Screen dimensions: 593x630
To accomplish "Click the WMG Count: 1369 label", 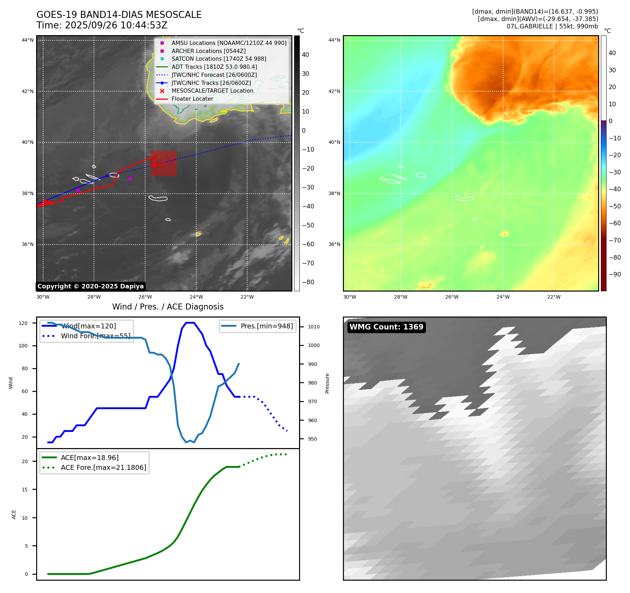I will click(386, 327).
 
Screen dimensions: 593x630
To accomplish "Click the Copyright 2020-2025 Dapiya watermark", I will click(90, 286).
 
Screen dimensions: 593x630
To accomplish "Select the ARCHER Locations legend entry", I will click(209, 51).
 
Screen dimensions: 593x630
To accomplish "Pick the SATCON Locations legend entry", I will click(219, 59).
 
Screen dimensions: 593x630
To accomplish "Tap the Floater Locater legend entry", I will click(192, 99).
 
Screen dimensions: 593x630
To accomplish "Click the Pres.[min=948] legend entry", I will click(266, 326).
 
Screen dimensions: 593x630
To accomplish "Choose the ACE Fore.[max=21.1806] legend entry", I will click(103, 467).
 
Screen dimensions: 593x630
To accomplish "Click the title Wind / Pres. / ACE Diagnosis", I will click(168, 307).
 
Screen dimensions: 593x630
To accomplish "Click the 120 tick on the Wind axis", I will click(23, 323).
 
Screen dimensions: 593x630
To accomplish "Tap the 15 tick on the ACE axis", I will click(25, 489).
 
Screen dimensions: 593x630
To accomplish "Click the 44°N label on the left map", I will click(28, 40).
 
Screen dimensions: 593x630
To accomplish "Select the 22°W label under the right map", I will click(554, 297).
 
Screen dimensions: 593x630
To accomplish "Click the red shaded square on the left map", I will click(164, 164).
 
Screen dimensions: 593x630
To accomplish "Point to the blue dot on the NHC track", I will click(107, 176).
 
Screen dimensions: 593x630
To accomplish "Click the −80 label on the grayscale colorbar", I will click(308, 282).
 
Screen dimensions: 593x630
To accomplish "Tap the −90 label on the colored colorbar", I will click(615, 274).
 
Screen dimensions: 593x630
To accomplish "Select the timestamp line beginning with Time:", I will click(102, 25).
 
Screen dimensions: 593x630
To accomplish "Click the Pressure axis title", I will click(327, 383).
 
